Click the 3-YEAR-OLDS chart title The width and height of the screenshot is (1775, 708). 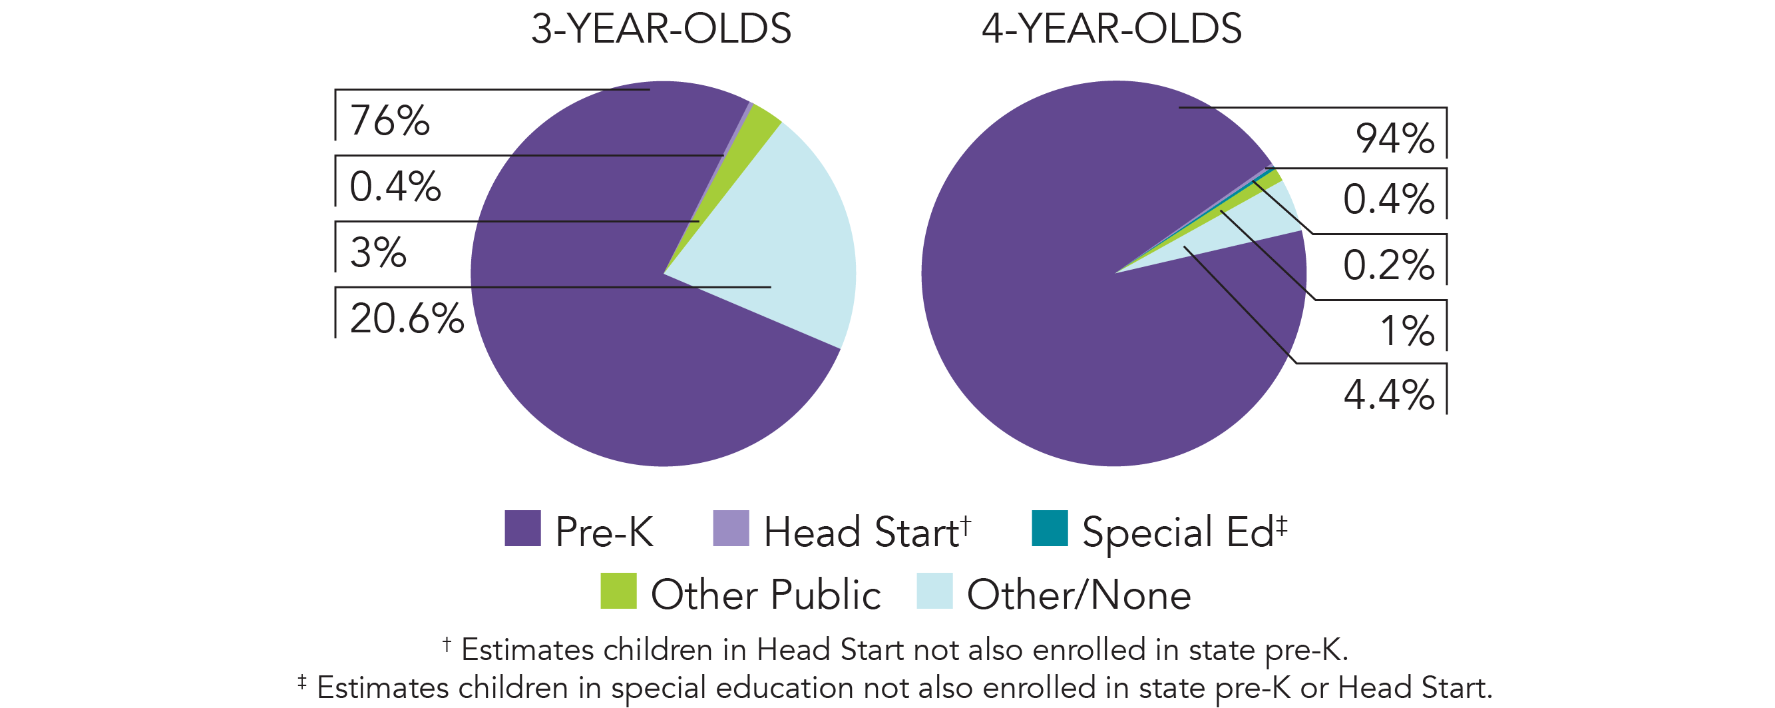coord(661,29)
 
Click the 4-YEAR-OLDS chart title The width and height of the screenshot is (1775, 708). coord(1111,29)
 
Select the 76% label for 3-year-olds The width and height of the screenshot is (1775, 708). coord(389,121)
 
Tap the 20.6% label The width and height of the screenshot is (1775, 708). coord(407,318)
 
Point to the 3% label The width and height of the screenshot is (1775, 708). coord(378,252)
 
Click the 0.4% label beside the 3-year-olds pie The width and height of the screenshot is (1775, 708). coord(395,186)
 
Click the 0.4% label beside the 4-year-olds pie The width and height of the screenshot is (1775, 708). coord(1388,199)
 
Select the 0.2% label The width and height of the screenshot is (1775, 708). coord(1388,265)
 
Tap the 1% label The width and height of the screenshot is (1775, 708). coord(1406,331)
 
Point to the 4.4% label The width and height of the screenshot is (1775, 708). coord(1388,395)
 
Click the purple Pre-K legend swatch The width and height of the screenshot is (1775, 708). coord(522,529)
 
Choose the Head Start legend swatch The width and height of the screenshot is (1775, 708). coord(730,529)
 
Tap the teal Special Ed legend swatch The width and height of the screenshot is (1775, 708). coord(1050,529)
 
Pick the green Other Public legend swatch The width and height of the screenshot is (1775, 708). coord(618,591)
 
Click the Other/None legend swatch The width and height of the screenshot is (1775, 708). coord(934,591)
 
